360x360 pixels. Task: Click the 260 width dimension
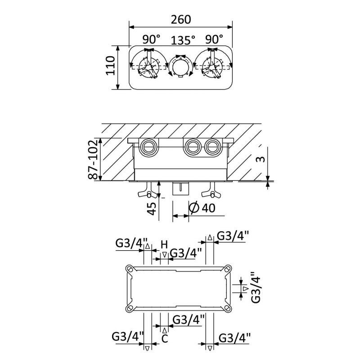(x=181, y=19)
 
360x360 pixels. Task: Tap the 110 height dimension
(x=110, y=65)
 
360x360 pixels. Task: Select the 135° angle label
(x=183, y=40)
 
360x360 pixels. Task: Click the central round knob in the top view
(x=180, y=67)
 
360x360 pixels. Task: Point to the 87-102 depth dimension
(x=93, y=160)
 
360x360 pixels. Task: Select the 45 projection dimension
(x=152, y=208)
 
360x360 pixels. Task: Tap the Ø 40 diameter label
(x=202, y=207)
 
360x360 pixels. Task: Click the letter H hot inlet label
(x=164, y=245)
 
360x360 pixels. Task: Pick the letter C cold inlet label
(x=165, y=339)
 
